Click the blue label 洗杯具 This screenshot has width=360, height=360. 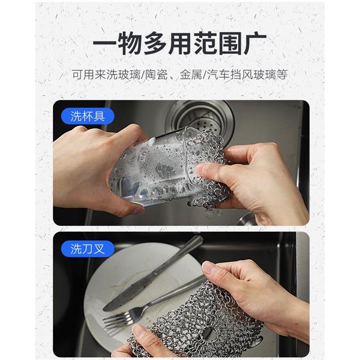coord(88,116)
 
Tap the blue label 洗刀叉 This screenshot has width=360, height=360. coord(88,249)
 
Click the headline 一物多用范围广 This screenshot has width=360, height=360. coord(180,43)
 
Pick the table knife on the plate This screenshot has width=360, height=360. coord(152,273)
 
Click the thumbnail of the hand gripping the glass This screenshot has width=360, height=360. coord(137,209)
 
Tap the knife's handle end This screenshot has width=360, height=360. coord(198,239)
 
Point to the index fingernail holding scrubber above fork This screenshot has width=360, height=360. coord(209,267)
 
